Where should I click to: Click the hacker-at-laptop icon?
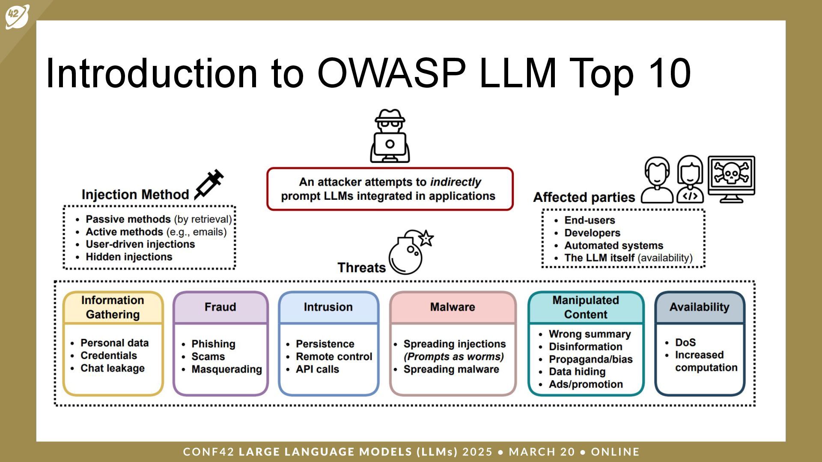(390, 136)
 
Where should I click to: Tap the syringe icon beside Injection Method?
(209, 184)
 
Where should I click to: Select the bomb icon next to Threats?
(409, 253)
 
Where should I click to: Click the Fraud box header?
(220, 307)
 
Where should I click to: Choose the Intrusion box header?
(328, 307)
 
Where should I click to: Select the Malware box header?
(453, 307)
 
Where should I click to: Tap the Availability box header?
(699, 307)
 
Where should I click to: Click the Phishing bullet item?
(213, 344)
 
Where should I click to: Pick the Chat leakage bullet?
(112, 368)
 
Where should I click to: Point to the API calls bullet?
(317, 369)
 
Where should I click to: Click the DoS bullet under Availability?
(685, 343)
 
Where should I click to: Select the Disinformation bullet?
(585, 346)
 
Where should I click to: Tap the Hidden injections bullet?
(129, 257)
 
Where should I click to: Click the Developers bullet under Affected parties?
(592, 233)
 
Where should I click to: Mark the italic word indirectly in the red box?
(456, 182)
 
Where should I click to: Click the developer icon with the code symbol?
(690, 180)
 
